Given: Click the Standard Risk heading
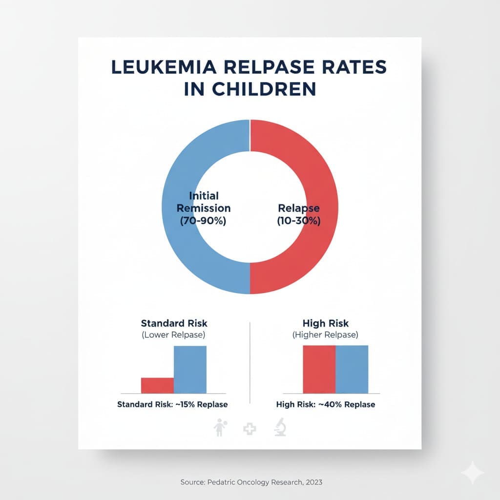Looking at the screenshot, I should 174,323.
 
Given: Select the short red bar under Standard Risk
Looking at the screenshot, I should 157,385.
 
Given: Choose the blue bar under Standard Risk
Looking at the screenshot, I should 190,369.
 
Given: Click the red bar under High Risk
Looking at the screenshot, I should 319,369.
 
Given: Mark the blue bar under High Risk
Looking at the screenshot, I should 352,369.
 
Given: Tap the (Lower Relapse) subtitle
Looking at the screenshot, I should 174,335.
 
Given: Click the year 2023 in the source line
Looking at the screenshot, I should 312,482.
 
